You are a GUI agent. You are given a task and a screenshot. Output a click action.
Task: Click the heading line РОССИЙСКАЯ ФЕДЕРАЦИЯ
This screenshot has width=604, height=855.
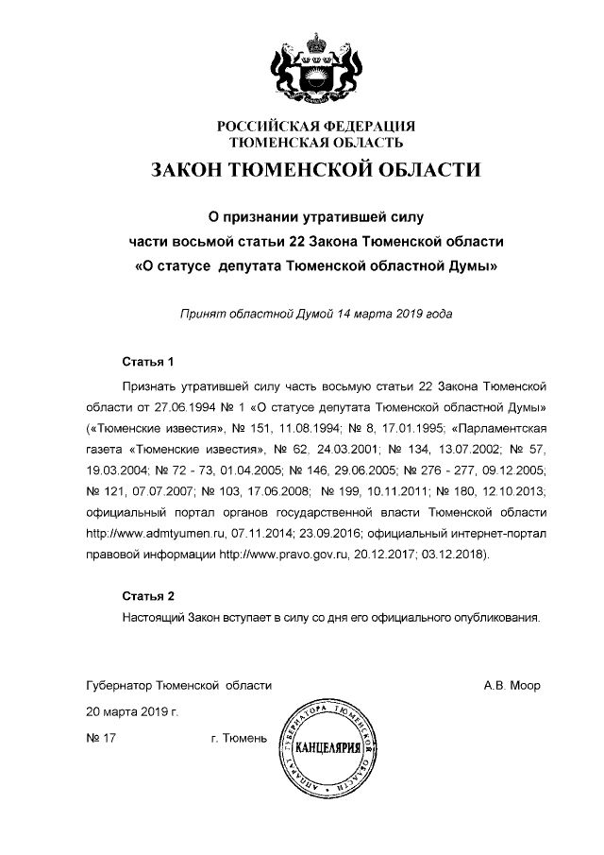[316, 127]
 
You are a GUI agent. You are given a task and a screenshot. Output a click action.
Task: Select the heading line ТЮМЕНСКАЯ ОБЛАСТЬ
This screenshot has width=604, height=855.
[317, 143]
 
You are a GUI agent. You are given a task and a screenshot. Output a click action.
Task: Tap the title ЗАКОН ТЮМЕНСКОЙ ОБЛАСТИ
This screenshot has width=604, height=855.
[316, 172]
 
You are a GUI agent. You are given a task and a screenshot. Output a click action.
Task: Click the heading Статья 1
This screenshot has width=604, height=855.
[149, 362]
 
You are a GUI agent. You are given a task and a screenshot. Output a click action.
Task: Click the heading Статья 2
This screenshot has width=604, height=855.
[149, 596]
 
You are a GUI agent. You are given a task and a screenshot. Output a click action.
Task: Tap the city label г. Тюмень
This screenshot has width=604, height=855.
[240, 737]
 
